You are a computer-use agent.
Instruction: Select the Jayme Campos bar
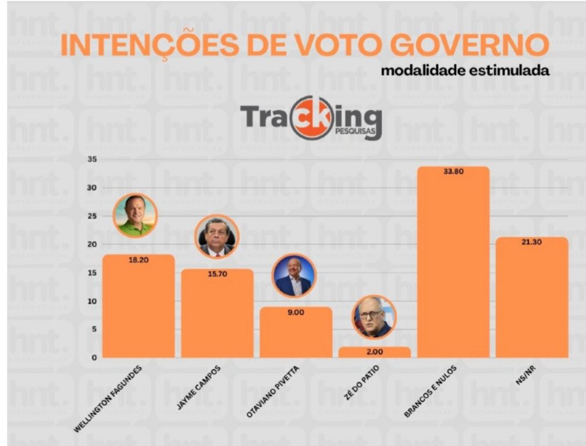(217, 317)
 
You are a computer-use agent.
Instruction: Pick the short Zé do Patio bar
(374, 352)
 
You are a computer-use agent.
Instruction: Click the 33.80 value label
(453, 172)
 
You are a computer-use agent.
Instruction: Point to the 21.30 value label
(532, 242)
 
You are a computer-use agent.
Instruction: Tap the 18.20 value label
(138, 260)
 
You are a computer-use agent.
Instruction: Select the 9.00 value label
(296, 312)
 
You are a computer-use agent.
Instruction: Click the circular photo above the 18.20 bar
(135, 216)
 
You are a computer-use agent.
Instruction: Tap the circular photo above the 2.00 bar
(374, 317)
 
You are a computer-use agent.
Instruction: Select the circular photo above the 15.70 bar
(217, 237)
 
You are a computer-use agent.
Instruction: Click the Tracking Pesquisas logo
(311, 118)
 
